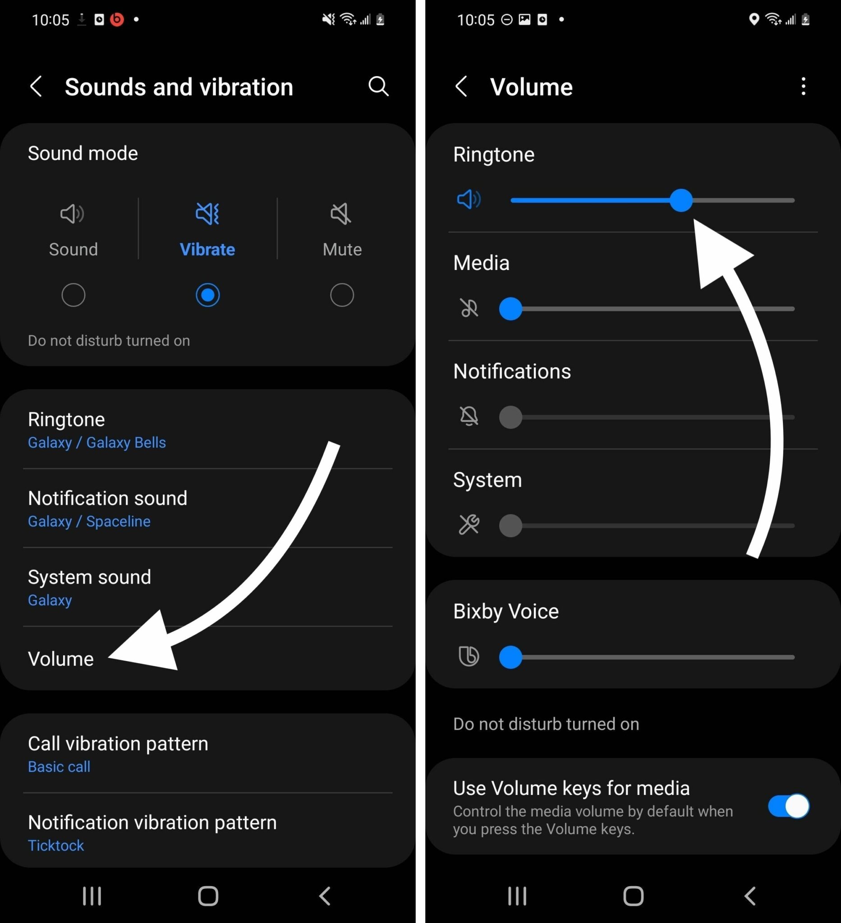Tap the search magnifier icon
[x=378, y=86]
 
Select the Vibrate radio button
[x=207, y=295]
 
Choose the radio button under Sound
[x=74, y=295]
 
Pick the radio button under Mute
[x=342, y=295]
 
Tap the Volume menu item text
[x=61, y=659]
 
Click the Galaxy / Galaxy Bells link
[x=97, y=443]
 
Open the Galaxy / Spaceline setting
[x=89, y=521]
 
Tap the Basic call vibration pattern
[x=59, y=767]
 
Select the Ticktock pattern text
[x=56, y=845]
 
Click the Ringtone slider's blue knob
[x=680, y=201]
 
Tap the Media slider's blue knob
[x=510, y=309]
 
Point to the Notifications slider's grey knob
[x=510, y=417]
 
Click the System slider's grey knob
[x=510, y=525]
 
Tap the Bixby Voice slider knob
[x=510, y=657]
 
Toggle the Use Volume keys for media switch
[x=788, y=806]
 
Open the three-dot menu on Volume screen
[x=803, y=86]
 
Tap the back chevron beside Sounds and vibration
[x=36, y=86]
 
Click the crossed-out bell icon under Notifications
[x=469, y=416]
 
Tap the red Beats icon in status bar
[x=117, y=20]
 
